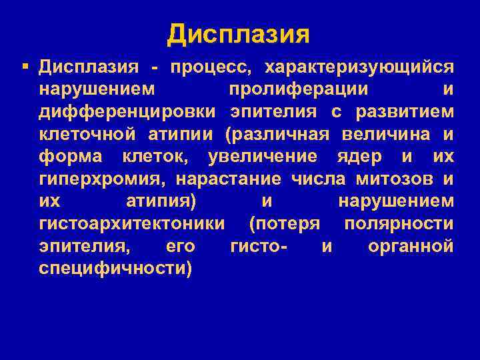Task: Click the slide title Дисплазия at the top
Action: point(239,33)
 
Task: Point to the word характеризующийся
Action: point(360,67)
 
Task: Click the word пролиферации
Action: point(300,89)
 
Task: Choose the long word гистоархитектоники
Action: point(131,224)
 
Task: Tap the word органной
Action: point(411,247)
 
